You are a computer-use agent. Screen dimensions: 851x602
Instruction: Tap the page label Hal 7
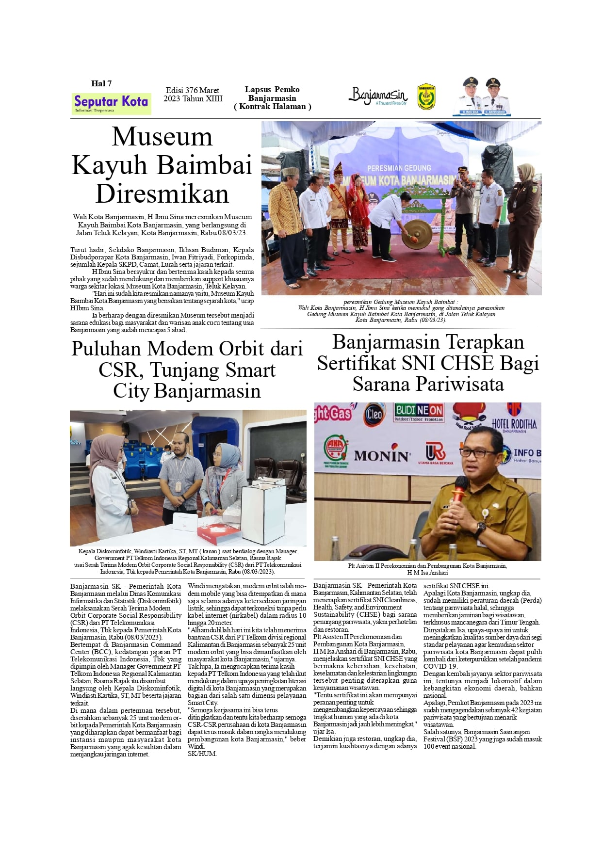coord(101,84)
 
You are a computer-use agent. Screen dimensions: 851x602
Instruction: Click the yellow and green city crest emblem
coord(426,96)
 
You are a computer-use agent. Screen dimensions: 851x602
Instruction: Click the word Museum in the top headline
coord(162,137)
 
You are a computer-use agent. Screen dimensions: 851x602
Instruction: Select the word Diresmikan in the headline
coord(162,194)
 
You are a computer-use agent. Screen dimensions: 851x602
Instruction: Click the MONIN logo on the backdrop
coord(382,456)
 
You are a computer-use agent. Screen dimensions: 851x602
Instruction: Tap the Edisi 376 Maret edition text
coord(193,91)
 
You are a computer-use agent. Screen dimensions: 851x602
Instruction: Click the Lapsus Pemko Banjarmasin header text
coord(272,98)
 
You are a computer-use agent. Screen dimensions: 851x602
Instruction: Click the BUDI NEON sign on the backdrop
coord(419,412)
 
